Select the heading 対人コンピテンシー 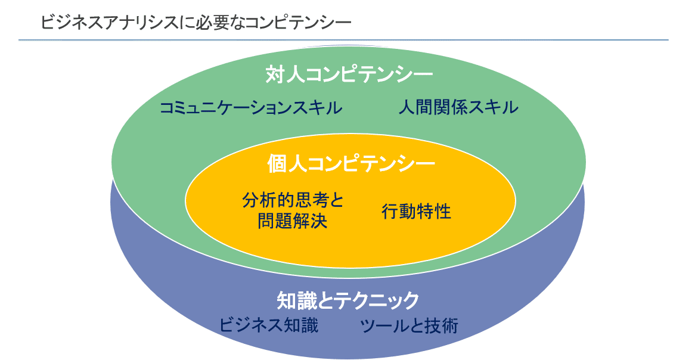[349, 76]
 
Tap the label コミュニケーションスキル [251, 108]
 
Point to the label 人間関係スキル [458, 108]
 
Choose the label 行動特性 [416, 211]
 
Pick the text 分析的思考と [293, 200]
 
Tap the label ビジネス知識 [269, 325]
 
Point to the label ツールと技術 [409, 325]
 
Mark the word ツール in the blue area [381, 325]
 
